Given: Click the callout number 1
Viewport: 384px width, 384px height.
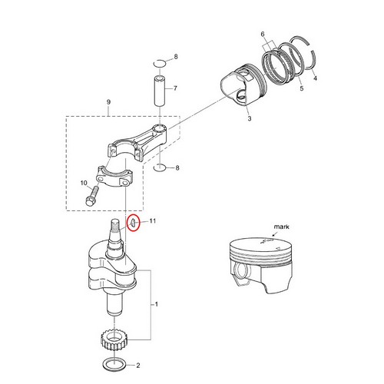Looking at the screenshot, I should pyautogui.click(x=158, y=304).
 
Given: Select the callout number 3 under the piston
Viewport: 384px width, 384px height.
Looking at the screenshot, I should pyautogui.click(x=250, y=119).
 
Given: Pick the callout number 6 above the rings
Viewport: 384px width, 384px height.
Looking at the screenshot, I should pyautogui.click(x=263, y=35).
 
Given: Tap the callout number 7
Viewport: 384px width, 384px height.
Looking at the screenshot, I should pyautogui.click(x=176, y=88).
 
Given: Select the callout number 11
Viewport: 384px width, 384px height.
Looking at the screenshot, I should pyautogui.click(x=152, y=221).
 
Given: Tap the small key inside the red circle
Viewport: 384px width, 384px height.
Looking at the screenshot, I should pyautogui.click(x=132, y=223).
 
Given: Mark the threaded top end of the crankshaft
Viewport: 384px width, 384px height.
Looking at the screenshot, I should pyautogui.click(x=120, y=227).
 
